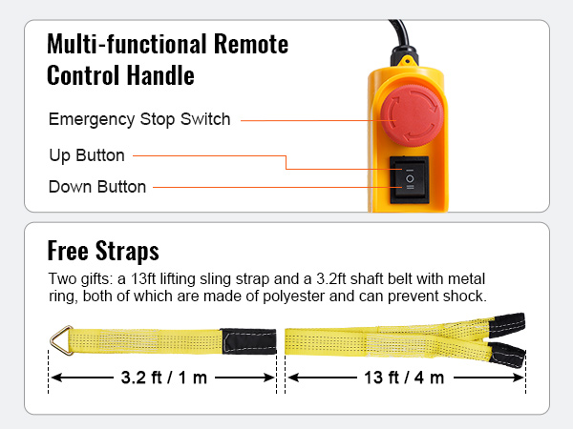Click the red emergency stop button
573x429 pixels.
point(412,116)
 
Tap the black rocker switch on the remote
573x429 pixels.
point(410,179)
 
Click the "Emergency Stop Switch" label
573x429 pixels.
point(139,119)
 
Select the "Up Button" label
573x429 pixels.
point(87,155)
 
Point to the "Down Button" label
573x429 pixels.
point(97,187)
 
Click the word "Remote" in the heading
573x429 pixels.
point(251,44)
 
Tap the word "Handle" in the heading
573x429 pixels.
point(160,75)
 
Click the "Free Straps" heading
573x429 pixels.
point(103,251)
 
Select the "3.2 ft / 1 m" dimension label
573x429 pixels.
point(164,378)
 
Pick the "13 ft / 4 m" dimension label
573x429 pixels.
point(404,378)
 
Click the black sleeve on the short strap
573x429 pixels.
point(249,341)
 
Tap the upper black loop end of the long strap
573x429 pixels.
point(507,325)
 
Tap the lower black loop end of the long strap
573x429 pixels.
point(508,355)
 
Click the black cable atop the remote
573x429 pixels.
point(402,43)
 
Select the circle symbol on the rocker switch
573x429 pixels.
point(410,179)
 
